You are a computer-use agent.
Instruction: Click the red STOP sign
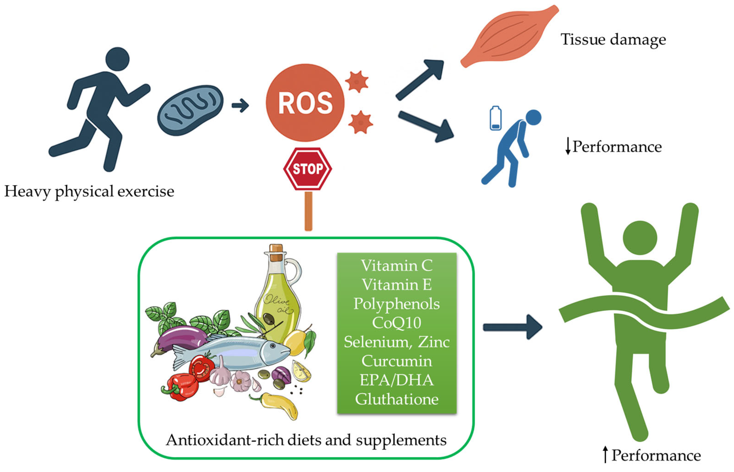pyautogui.click(x=308, y=169)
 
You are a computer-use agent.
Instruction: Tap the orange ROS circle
pyautogui.click(x=305, y=103)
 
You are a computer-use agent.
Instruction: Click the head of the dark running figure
pyautogui.click(x=117, y=59)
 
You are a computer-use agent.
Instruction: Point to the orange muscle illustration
pyautogui.click(x=509, y=37)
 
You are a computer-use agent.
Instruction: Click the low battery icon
pyautogui.click(x=495, y=118)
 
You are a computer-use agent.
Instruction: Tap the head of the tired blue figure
pyautogui.click(x=533, y=117)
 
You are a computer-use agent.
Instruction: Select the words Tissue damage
pyautogui.click(x=613, y=39)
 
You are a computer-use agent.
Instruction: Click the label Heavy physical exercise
pyautogui.click(x=89, y=191)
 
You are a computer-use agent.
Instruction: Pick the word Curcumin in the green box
pyautogui.click(x=396, y=361)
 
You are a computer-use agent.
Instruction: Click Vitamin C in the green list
pyautogui.click(x=396, y=265)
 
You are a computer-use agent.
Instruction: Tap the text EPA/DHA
pyautogui.click(x=396, y=380)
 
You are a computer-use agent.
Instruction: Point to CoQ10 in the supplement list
pyautogui.click(x=396, y=323)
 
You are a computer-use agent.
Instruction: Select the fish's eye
pyautogui.click(x=273, y=345)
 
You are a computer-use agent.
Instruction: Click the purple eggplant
pyautogui.click(x=181, y=337)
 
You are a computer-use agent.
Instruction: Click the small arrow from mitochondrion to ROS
pyautogui.click(x=240, y=105)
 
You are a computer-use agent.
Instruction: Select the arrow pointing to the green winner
pyautogui.click(x=512, y=327)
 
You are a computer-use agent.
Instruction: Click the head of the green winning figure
pyautogui.click(x=640, y=238)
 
